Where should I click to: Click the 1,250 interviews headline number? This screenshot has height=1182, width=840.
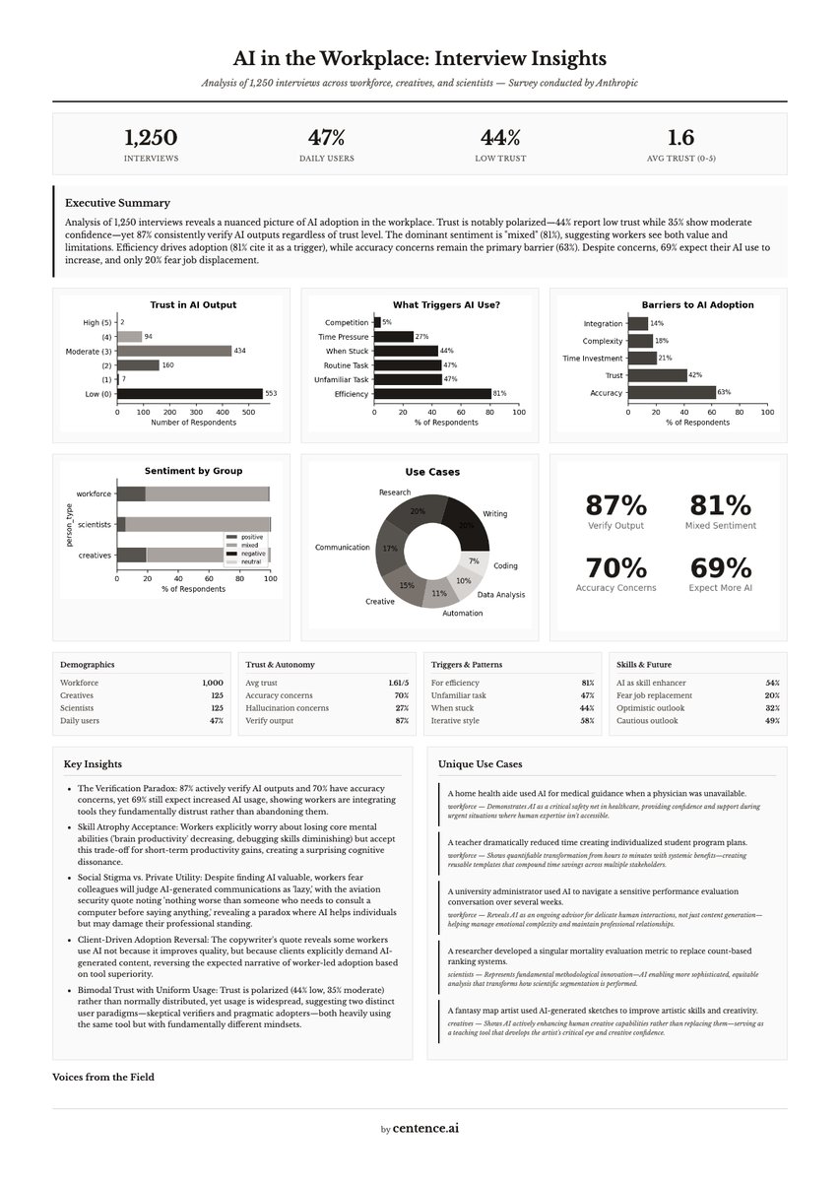tap(151, 138)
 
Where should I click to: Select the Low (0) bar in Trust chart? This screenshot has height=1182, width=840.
tap(190, 394)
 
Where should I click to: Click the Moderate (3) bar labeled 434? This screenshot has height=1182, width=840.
tap(174, 351)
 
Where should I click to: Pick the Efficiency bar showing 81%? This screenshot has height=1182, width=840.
tap(432, 394)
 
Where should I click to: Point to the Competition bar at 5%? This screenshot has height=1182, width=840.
tap(377, 322)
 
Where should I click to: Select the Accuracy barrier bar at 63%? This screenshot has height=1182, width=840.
tap(672, 392)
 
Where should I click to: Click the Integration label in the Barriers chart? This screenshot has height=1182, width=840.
tap(603, 323)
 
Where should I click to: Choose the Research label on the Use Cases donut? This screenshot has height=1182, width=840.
tap(395, 492)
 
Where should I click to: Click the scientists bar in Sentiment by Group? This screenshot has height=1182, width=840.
tap(194, 524)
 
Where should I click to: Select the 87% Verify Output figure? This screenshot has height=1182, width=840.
tap(615, 505)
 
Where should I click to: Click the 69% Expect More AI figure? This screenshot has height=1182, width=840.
tap(721, 568)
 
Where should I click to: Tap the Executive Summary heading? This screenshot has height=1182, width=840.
tap(117, 202)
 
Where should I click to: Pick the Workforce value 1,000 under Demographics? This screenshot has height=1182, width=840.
tap(212, 683)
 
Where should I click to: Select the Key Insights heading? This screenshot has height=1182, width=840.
tap(93, 763)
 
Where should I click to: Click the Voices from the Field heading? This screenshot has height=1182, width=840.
tap(103, 1077)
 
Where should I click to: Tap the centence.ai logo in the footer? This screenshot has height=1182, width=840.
tap(425, 1128)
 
